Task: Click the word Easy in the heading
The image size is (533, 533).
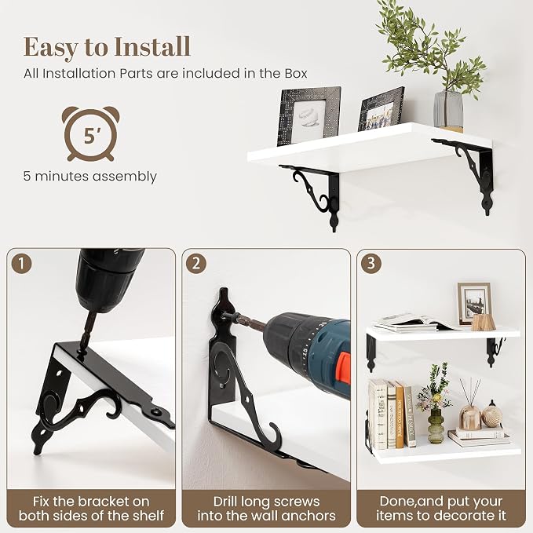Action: [51, 48]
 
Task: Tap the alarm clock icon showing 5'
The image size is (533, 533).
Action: [90, 134]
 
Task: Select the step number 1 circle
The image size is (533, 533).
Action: [21, 264]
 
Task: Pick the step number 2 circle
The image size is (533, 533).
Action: [196, 264]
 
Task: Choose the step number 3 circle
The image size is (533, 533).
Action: [371, 263]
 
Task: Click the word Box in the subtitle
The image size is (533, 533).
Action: [296, 74]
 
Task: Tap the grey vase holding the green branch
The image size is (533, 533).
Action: [448, 111]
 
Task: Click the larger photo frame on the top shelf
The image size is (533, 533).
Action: [308, 115]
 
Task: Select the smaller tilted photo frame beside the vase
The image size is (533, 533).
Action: [381, 109]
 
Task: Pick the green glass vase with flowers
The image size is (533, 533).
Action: [436, 425]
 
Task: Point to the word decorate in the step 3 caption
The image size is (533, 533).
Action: [462, 515]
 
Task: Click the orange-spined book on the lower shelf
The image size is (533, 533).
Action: [400, 414]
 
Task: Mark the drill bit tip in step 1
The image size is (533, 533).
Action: [82, 351]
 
